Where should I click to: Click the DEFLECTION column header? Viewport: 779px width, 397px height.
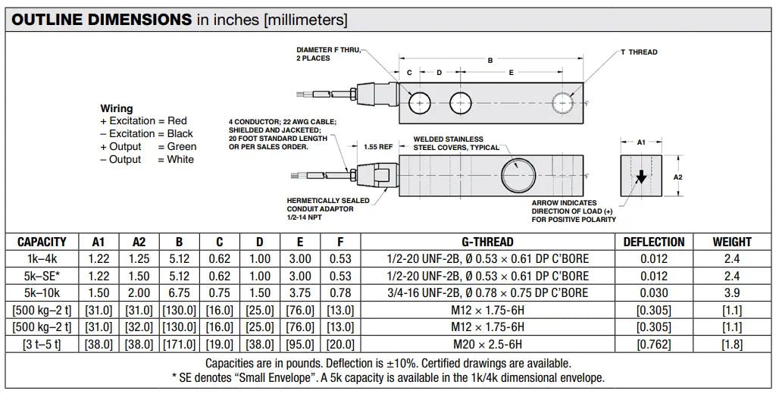coord(654,242)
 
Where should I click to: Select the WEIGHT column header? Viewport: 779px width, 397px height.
coord(732,242)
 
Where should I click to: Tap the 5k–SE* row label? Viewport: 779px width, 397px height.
coord(42,276)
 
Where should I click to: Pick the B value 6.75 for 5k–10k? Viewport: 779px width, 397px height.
coord(179,292)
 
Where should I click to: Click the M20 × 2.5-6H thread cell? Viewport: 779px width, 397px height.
coord(487,344)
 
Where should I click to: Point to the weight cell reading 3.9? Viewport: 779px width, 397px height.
coord(732,292)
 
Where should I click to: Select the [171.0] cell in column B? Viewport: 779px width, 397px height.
coord(179,344)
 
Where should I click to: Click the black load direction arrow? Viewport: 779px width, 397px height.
coord(641,177)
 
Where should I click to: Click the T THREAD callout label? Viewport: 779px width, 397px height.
coord(639,52)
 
